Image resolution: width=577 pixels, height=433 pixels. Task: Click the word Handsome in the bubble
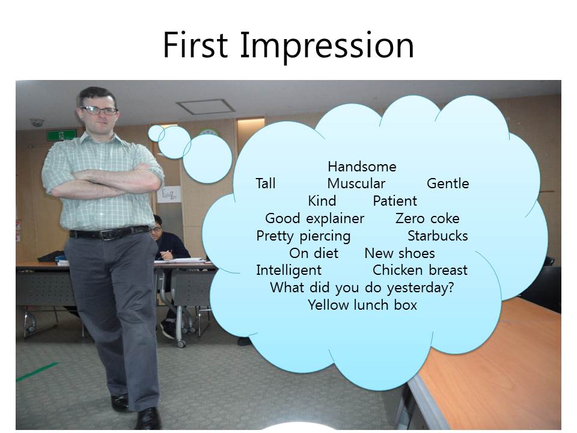click(362, 167)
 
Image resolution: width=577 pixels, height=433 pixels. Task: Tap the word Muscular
click(356, 183)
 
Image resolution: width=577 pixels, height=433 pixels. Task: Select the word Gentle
click(448, 183)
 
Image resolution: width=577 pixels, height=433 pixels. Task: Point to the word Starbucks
click(438, 236)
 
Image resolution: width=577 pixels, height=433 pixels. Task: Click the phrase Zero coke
click(427, 218)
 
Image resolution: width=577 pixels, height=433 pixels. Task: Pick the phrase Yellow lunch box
click(362, 305)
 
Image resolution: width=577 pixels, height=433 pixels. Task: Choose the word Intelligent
click(289, 270)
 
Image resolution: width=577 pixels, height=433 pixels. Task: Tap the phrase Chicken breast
click(420, 270)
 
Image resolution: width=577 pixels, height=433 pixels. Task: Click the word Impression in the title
click(327, 45)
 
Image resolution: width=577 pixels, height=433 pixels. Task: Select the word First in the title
click(195, 45)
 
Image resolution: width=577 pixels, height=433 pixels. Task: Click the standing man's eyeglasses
click(99, 110)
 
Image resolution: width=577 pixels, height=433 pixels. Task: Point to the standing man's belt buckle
click(107, 234)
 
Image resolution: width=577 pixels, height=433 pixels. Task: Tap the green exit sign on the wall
click(61, 135)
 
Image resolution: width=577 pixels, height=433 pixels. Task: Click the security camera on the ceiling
click(37, 122)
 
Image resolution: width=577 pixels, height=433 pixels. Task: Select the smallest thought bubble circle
click(156, 134)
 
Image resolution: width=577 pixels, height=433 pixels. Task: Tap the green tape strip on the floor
click(37, 372)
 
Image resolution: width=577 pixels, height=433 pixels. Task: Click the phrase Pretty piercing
click(303, 236)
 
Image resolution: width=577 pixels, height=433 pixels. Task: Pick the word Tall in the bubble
click(265, 183)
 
